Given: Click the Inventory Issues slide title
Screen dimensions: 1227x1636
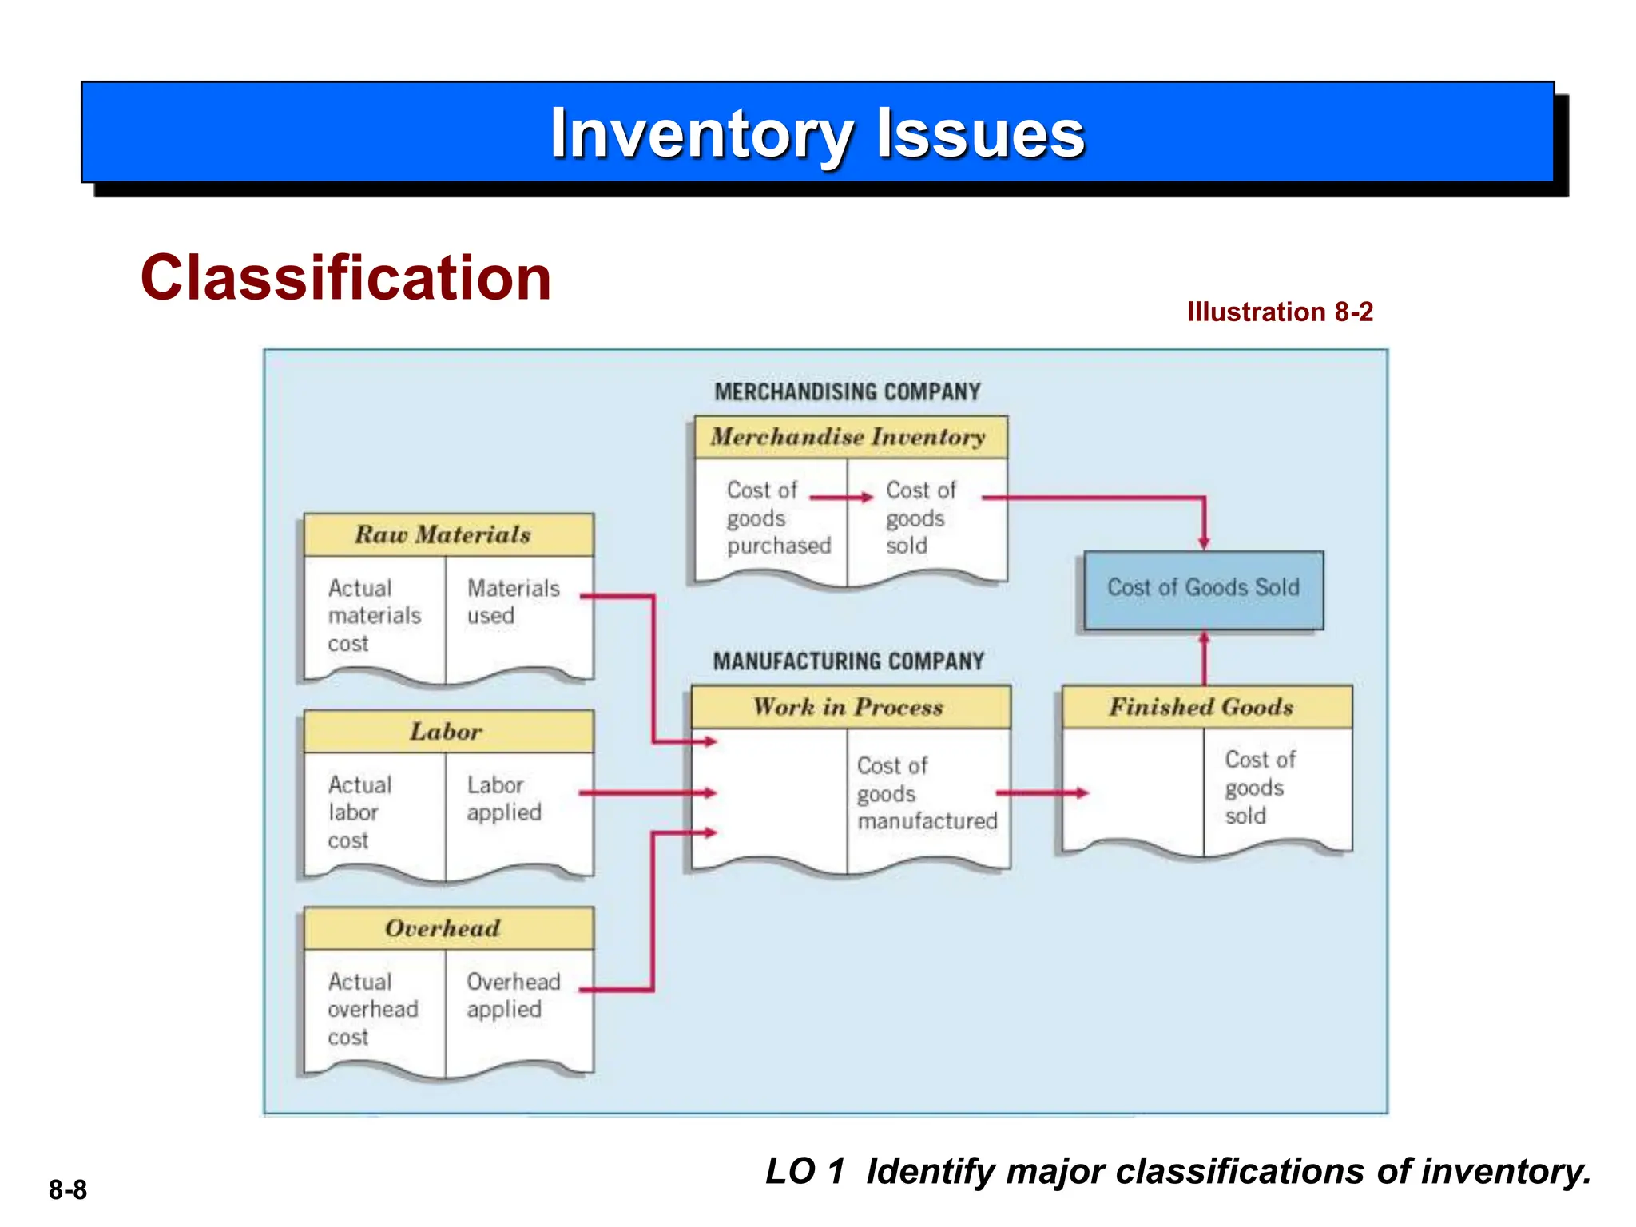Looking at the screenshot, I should (x=817, y=133).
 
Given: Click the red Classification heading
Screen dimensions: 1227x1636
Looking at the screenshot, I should (x=345, y=277).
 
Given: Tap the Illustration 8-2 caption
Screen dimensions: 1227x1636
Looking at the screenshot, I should (x=1279, y=312).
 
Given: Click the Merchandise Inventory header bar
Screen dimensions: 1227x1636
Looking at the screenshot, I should (x=849, y=436).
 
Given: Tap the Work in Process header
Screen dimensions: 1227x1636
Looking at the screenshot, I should (x=849, y=706).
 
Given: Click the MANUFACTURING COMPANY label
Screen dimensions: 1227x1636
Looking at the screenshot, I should (x=848, y=661).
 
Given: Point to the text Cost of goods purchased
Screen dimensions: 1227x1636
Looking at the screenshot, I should (x=776, y=518).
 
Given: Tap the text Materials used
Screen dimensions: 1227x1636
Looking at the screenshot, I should (x=512, y=602).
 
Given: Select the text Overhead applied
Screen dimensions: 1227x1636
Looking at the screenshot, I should (x=512, y=995).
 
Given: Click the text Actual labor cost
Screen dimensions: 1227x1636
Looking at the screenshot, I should (x=359, y=812).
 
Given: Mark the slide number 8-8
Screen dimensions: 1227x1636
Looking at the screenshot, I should (x=68, y=1189).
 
